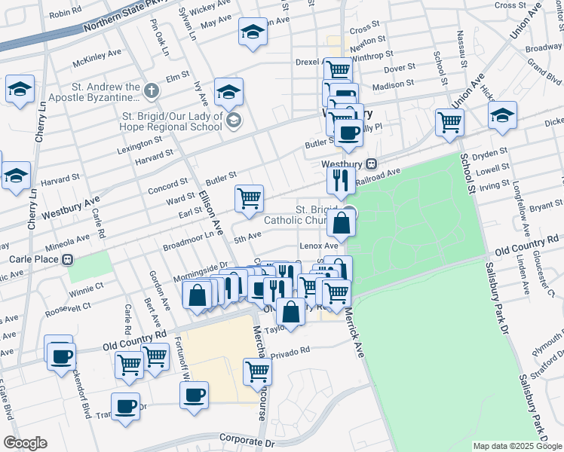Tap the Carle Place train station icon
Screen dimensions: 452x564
[x=68, y=260]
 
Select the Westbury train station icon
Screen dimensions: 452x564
[x=370, y=163]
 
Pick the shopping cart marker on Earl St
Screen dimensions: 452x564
[x=249, y=199]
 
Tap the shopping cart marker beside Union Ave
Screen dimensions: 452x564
[x=449, y=121]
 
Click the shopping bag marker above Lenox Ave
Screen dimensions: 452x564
[x=342, y=223]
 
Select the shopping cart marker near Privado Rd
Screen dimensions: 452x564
[x=257, y=371]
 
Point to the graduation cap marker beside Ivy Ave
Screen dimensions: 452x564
[x=228, y=93]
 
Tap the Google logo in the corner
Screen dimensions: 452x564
[x=25, y=443]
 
